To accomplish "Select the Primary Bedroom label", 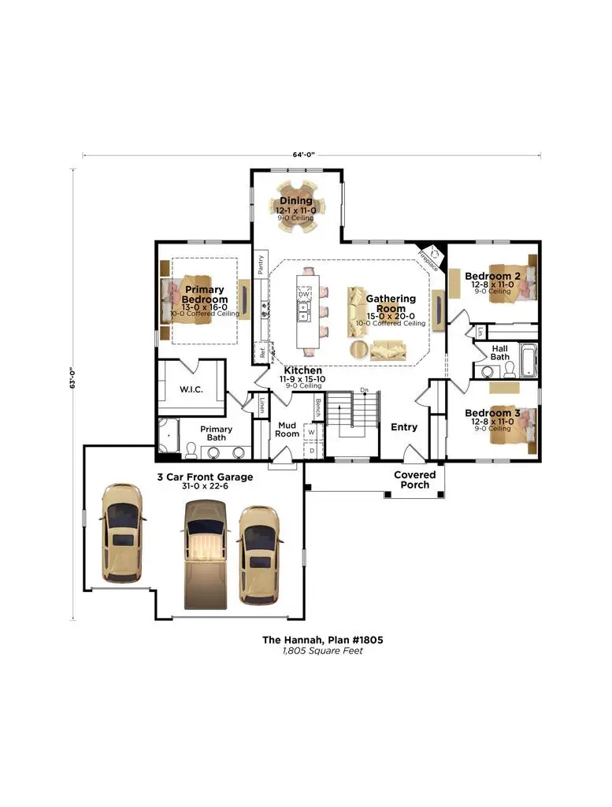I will (x=205, y=295).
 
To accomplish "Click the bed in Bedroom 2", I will (x=511, y=281).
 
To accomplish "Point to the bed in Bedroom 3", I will (x=512, y=426).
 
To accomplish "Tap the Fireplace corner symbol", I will (x=430, y=255).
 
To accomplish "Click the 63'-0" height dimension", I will (x=72, y=378).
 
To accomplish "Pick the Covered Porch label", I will (x=414, y=480).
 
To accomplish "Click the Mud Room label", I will (x=287, y=430).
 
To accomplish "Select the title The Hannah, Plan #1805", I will (x=322, y=641).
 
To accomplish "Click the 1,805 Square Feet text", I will (x=322, y=652).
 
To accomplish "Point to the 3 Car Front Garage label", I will (x=204, y=477).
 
